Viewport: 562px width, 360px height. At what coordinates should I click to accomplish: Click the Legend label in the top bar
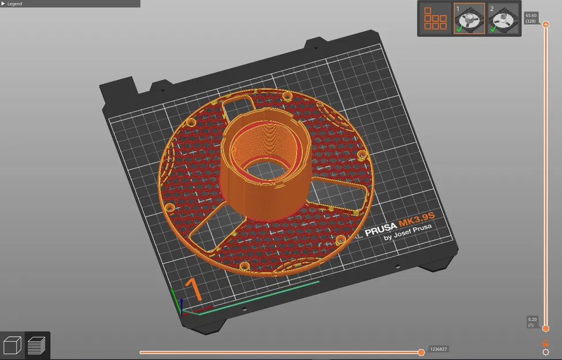click(x=14, y=3)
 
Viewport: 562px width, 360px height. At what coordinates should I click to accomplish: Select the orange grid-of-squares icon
click(x=435, y=18)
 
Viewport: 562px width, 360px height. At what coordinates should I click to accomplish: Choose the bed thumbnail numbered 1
click(x=469, y=18)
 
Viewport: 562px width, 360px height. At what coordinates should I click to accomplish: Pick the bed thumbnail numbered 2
click(x=503, y=18)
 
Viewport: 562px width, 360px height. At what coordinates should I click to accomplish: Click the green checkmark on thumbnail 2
click(x=493, y=29)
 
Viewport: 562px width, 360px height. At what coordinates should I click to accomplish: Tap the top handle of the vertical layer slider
click(x=546, y=25)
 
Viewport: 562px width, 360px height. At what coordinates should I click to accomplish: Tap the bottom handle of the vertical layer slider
click(x=546, y=328)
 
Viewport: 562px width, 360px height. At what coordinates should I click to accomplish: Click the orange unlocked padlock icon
click(x=546, y=343)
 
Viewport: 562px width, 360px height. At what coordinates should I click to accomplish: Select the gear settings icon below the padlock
click(x=546, y=352)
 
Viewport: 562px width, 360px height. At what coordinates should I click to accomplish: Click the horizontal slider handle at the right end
click(x=421, y=352)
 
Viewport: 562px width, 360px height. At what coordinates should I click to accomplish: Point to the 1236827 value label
click(x=438, y=349)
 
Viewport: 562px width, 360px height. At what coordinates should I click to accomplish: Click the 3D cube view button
click(x=12, y=346)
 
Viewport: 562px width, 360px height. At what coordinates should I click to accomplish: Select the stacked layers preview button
click(x=37, y=346)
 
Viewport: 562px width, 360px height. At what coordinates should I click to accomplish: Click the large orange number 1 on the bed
click(x=194, y=290)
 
